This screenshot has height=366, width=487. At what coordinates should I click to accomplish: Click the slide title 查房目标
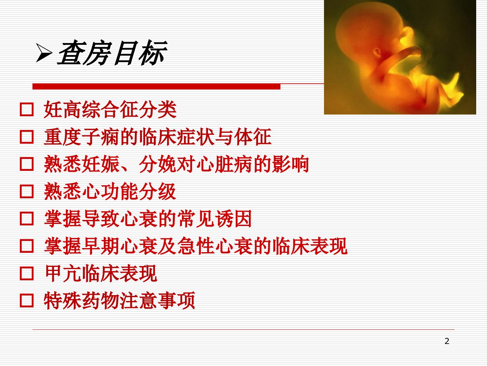[x=112, y=53]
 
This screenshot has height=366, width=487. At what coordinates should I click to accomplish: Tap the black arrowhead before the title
[x=44, y=53]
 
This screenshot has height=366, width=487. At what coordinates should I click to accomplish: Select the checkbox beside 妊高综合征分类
[x=27, y=109]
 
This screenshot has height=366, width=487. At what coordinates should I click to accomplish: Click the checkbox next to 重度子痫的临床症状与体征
[x=27, y=137]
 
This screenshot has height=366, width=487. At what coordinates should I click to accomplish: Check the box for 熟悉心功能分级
[x=27, y=191]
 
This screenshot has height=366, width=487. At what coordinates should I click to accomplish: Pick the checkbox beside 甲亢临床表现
[x=27, y=273]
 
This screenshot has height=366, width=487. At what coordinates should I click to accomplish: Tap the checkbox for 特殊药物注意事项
[x=27, y=301]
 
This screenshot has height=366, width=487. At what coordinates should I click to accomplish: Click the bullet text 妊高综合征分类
[x=110, y=109]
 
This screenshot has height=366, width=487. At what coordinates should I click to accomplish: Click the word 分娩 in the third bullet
[x=158, y=164]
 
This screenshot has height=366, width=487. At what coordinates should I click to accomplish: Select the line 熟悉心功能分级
[x=110, y=191]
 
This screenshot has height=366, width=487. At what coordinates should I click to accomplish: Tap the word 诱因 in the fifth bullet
[x=233, y=219]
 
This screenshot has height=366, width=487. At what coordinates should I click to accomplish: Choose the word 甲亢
[x=63, y=273]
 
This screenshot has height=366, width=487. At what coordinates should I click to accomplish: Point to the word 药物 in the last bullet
[x=100, y=301]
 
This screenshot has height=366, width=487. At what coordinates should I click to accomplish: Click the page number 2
[x=447, y=341]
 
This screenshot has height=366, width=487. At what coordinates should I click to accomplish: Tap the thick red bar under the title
[x=157, y=86]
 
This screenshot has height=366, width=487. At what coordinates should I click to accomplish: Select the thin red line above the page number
[x=243, y=329]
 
